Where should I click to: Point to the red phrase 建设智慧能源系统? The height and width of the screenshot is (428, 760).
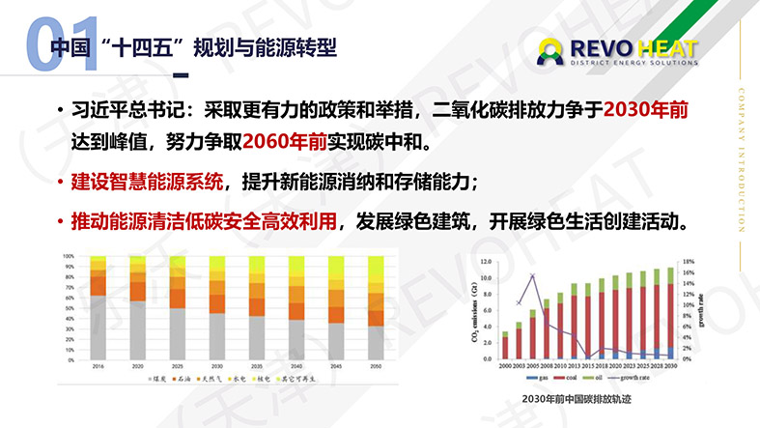pos(148,182)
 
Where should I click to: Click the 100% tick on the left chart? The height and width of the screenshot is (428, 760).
pos(69,257)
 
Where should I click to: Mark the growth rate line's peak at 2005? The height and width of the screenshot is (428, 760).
pos(532,277)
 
